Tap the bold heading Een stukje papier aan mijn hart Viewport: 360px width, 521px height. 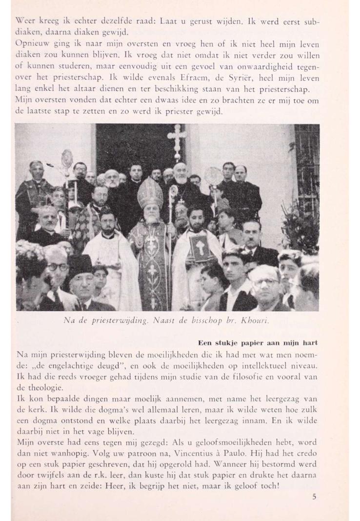point(258,342)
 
